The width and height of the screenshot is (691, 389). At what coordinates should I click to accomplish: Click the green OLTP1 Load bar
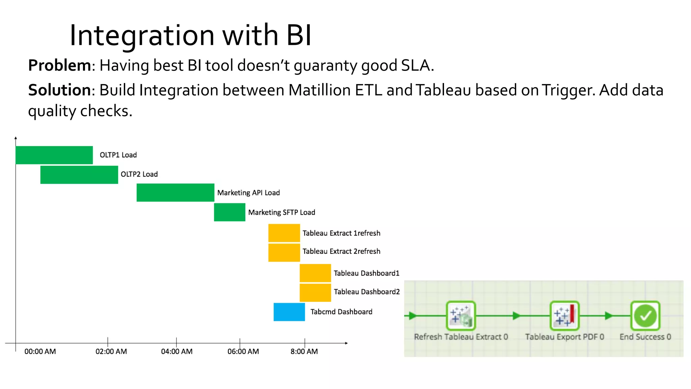click(54, 155)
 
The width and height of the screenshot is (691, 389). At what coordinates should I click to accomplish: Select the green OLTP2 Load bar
click(79, 175)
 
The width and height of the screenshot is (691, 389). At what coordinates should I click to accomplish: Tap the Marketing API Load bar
click(175, 192)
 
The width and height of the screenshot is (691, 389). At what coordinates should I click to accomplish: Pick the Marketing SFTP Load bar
click(229, 212)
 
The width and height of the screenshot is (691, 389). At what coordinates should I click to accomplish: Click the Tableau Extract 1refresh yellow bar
click(284, 233)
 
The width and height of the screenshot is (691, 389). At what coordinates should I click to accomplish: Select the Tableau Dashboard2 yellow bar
click(315, 292)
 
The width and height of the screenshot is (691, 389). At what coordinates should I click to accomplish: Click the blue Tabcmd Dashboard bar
click(289, 312)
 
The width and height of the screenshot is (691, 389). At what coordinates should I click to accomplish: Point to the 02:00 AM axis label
click(111, 352)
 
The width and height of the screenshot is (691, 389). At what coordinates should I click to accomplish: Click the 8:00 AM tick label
click(304, 352)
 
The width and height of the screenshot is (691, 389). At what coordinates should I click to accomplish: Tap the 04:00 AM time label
click(176, 352)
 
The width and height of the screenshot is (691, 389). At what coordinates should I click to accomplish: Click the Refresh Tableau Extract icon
click(461, 316)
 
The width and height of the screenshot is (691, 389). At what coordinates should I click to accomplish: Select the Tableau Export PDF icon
click(564, 316)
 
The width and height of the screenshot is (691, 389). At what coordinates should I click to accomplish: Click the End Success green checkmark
click(645, 316)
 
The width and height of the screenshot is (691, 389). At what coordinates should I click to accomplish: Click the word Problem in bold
click(59, 66)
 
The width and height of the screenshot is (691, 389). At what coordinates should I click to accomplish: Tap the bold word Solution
click(59, 90)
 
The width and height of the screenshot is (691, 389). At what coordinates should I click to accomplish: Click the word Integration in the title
click(142, 35)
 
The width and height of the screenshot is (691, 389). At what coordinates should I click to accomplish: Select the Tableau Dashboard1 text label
click(366, 273)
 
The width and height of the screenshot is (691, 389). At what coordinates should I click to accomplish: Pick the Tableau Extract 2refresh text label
click(341, 251)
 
